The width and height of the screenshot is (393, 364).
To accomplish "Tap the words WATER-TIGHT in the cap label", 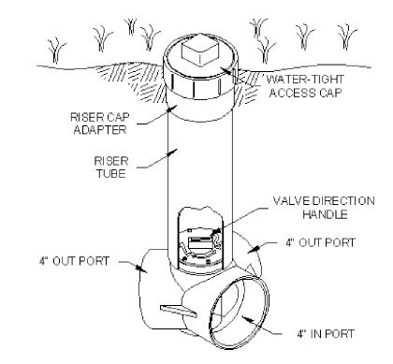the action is point(305,80).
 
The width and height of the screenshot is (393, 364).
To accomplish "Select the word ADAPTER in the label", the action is point(100,129).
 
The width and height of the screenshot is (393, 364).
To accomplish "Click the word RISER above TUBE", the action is point(111,161).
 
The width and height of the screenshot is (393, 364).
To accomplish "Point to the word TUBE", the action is point(111,173).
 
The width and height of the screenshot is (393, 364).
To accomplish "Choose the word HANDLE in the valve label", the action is point(325,214).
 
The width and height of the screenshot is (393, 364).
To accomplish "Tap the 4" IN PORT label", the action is point(326,334).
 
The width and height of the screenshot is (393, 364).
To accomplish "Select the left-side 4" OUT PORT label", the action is point(74,261).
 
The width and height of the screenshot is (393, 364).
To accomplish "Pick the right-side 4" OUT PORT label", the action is point(321,242).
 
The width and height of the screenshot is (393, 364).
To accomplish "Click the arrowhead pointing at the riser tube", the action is point(172,153).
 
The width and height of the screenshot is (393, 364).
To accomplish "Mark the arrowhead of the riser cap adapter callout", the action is point(171,109).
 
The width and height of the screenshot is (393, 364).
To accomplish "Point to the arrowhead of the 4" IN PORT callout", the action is point(246,319).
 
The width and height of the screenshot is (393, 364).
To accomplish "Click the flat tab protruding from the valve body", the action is point(179,312).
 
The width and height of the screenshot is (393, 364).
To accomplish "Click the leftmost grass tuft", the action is point(56,51).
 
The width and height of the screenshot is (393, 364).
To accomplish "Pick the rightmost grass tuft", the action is point(347,36).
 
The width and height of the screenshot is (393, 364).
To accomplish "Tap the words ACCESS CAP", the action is point(305,93).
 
